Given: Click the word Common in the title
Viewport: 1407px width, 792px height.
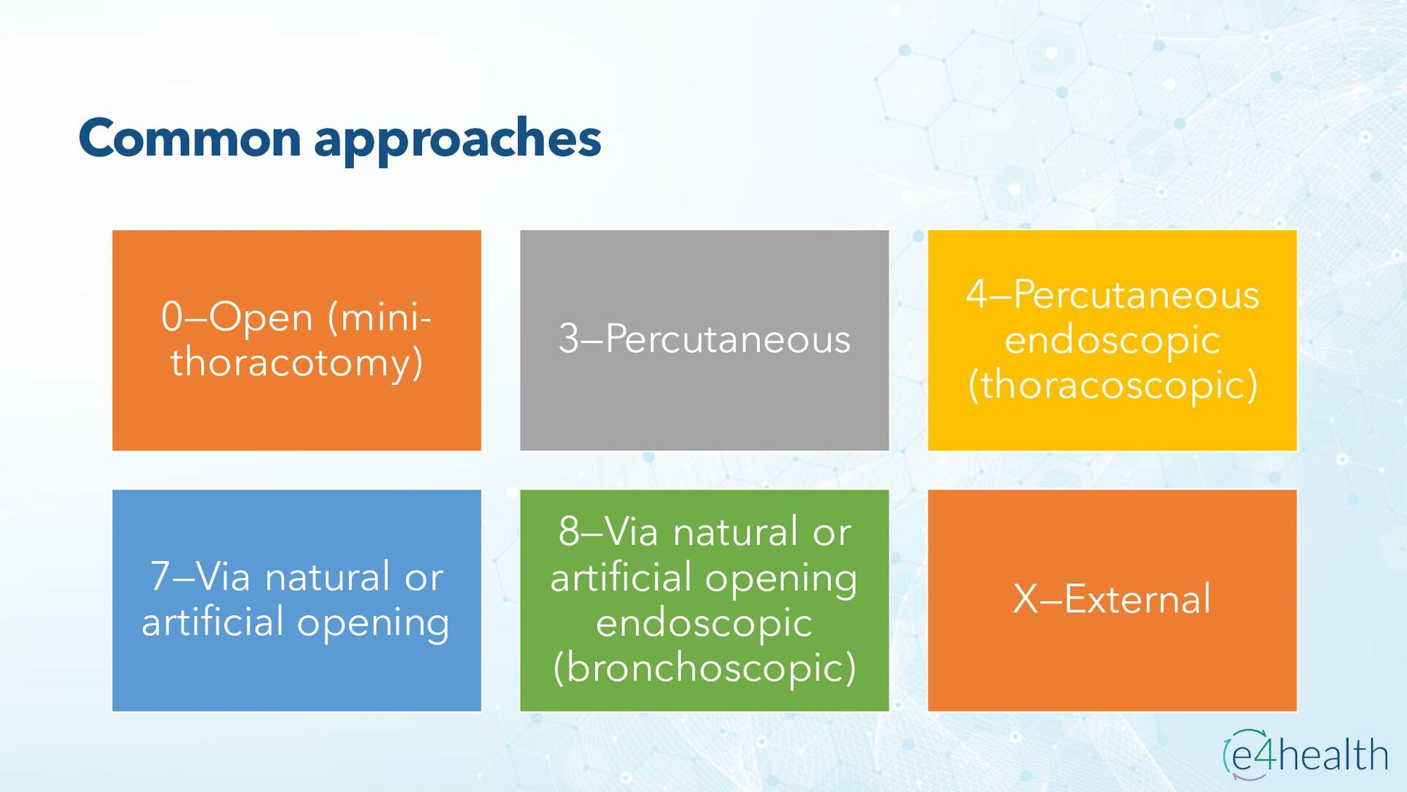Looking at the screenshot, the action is pyautogui.click(x=189, y=139).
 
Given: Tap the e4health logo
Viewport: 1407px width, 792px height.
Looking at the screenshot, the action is pyautogui.click(x=1305, y=754).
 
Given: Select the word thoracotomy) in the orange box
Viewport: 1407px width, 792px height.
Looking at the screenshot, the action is pyautogui.click(x=297, y=363).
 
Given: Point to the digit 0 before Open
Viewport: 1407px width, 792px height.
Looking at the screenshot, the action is pyautogui.click(x=171, y=318).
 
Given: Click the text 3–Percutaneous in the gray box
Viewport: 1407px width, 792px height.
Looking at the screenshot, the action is pyautogui.click(x=704, y=340).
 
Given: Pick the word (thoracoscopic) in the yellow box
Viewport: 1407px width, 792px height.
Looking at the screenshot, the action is pyautogui.click(x=1112, y=386).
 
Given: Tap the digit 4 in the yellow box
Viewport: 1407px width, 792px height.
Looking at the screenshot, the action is pyautogui.click(x=977, y=295).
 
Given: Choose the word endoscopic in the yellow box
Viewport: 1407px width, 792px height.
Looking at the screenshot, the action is pyautogui.click(x=1112, y=341).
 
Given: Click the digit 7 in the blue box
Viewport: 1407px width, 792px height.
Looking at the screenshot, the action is pyautogui.click(x=160, y=576).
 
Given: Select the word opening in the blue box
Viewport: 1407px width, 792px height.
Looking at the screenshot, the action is pyautogui.click(x=372, y=623).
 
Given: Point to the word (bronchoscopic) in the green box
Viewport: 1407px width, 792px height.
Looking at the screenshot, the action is pyautogui.click(x=704, y=668).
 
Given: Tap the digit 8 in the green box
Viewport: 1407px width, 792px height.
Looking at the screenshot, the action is pyautogui.click(x=569, y=532).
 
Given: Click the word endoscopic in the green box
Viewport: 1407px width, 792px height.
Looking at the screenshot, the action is pyautogui.click(x=704, y=623).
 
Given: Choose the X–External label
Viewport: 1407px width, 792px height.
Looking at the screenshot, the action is pyautogui.click(x=1112, y=599).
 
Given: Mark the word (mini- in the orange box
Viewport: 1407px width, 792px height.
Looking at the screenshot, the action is pyautogui.click(x=380, y=318).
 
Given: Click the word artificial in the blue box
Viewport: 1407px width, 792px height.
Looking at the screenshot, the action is pyautogui.click(x=213, y=622).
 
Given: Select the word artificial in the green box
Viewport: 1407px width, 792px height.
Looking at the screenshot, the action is pyautogui.click(x=621, y=578).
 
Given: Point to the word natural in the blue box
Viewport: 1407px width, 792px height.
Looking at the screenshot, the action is pyautogui.click(x=327, y=576).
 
